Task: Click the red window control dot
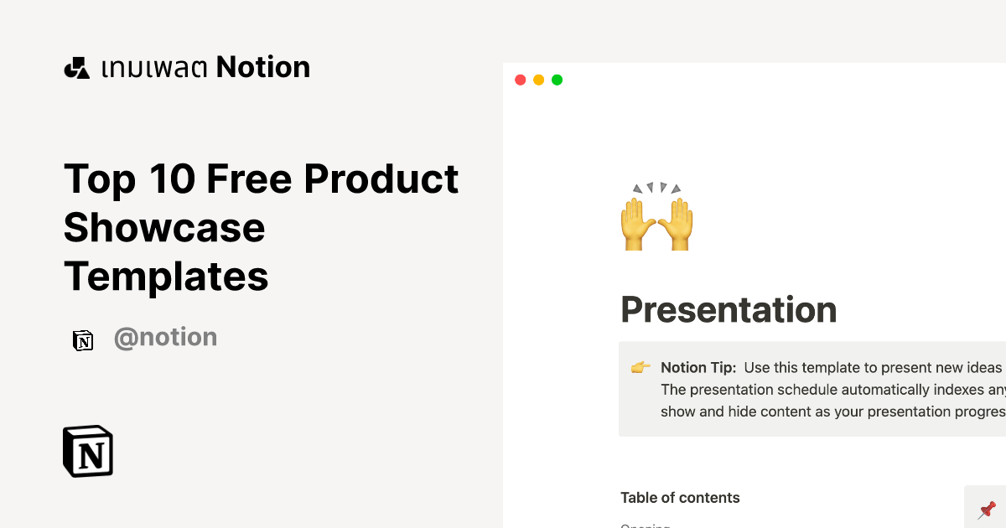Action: [x=520, y=80]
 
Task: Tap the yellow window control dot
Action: [x=538, y=80]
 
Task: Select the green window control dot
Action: [x=557, y=80]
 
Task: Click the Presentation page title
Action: [x=728, y=309]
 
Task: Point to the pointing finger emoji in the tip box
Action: [x=640, y=368]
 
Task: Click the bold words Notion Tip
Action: [x=697, y=368]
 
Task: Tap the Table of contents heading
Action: [x=680, y=498]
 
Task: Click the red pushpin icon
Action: [x=987, y=509]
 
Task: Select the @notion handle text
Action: [x=165, y=338]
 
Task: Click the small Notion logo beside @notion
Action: [x=83, y=339]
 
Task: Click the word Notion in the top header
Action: [x=263, y=67]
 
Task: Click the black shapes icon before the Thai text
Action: [x=76, y=68]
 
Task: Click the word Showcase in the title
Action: [x=164, y=227]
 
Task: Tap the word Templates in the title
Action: [x=166, y=276]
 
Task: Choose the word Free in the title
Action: [x=248, y=179]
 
